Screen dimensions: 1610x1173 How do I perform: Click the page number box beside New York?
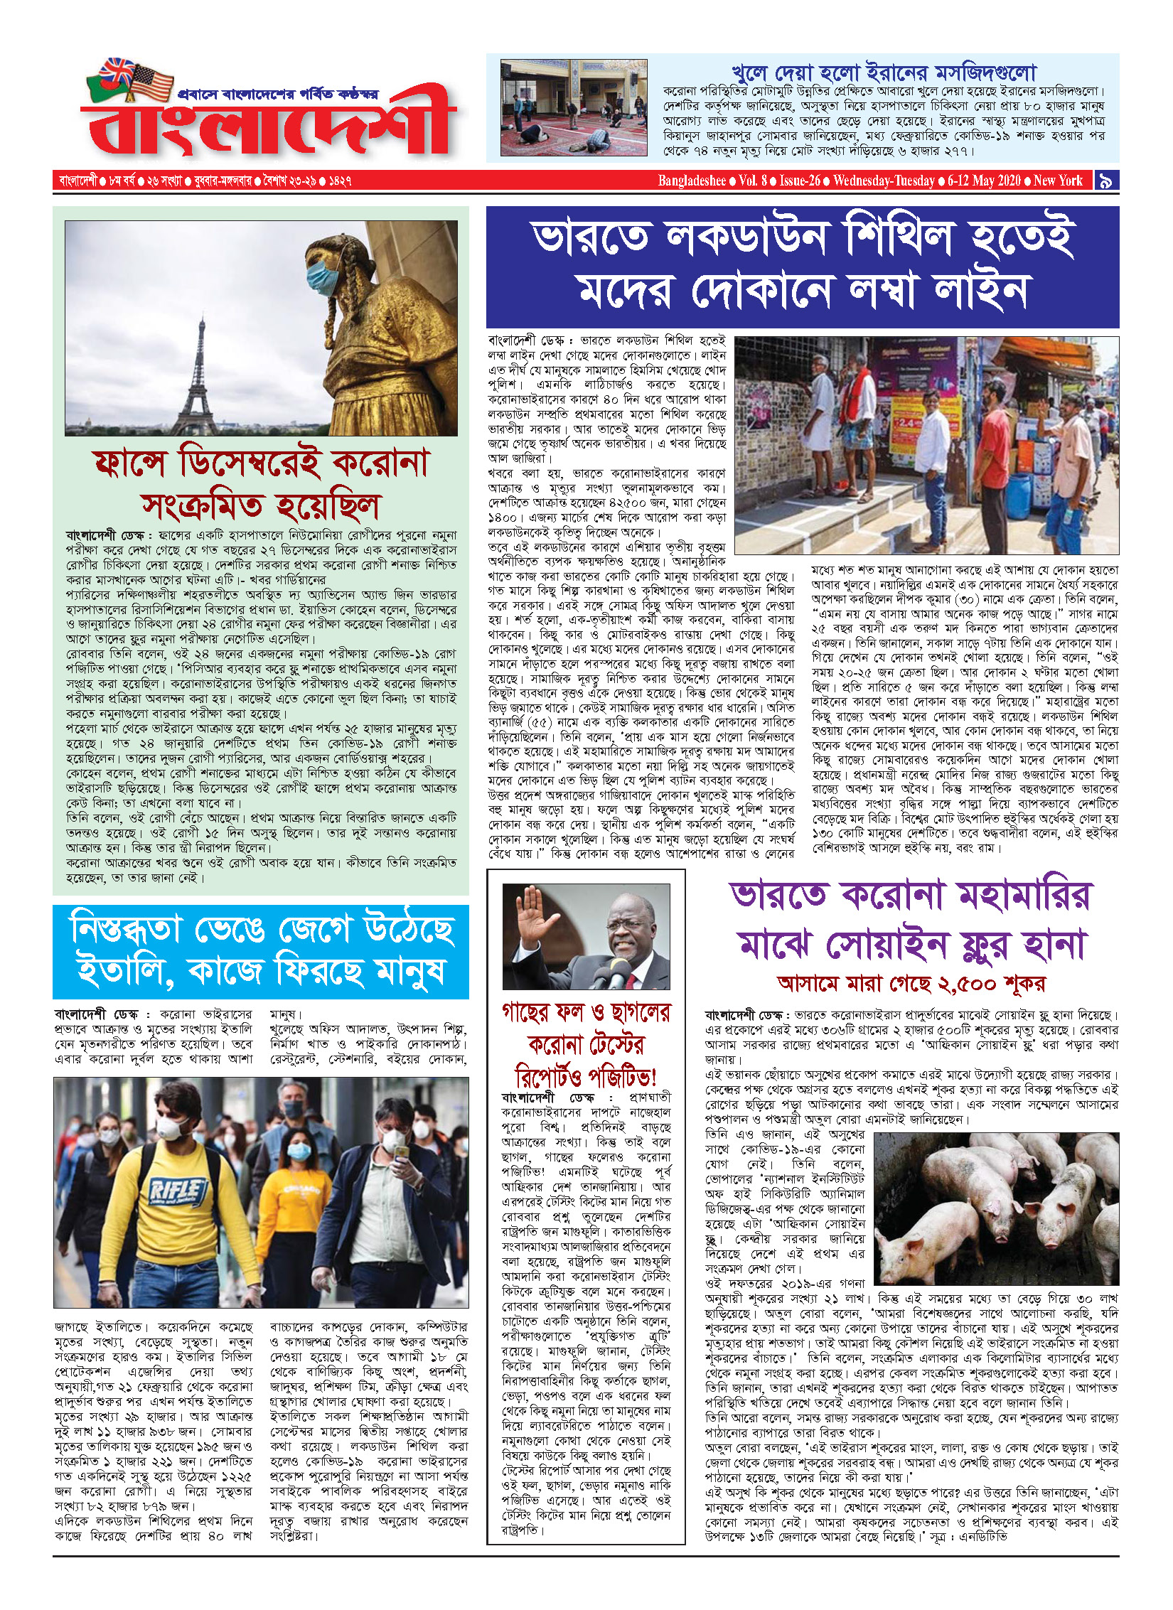coord(1105,181)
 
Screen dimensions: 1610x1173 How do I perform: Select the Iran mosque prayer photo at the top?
coord(574,107)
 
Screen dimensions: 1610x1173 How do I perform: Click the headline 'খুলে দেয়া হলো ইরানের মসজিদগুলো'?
coord(884,73)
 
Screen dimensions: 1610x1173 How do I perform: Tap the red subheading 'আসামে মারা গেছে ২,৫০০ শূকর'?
coord(911,983)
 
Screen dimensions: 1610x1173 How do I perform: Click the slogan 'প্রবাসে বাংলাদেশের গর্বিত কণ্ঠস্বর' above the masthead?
coord(278,94)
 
